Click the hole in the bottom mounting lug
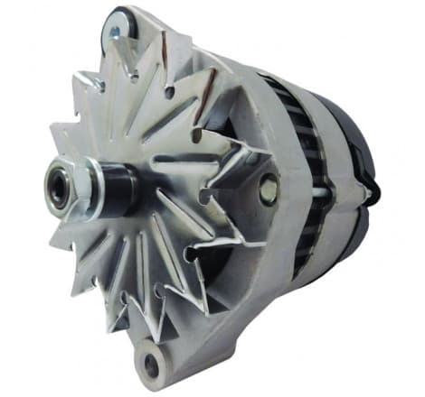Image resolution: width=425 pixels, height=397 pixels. tap(148, 364)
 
